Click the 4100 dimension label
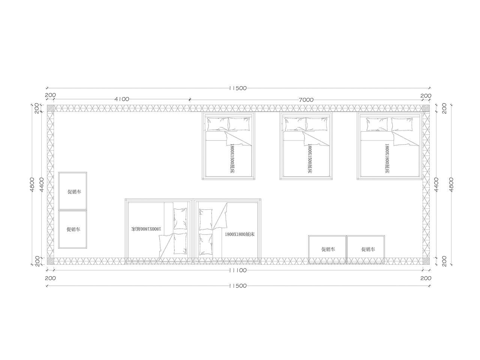point(122,99)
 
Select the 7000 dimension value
point(306,100)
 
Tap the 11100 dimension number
point(238,270)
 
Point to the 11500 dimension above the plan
point(238,88)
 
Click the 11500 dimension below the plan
point(238,286)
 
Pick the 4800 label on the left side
point(32,184)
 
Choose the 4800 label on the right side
point(451,185)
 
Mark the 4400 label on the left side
point(42,185)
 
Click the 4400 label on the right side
point(436,185)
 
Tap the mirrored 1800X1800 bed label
point(146,229)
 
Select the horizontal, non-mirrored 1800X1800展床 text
point(240,234)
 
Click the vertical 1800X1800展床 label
point(387,158)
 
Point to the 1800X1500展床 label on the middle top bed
point(310,158)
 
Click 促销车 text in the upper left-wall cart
point(74,192)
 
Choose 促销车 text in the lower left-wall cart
point(73,229)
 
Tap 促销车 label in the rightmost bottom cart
point(368,249)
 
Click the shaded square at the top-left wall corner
point(50,108)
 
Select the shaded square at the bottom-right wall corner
point(426,261)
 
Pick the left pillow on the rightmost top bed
point(377,124)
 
